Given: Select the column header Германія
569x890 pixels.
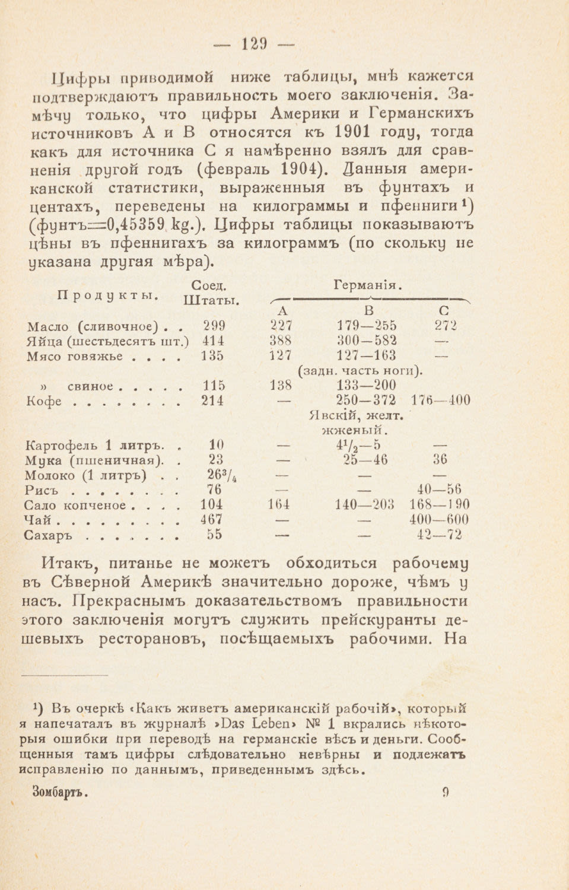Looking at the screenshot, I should pyautogui.click(x=368, y=284).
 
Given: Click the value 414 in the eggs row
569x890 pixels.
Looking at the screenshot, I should pyautogui.click(x=212, y=341).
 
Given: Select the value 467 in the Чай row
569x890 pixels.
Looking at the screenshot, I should pyautogui.click(x=211, y=520).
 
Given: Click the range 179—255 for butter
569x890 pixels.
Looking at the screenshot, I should pyautogui.click(x=367, y=325).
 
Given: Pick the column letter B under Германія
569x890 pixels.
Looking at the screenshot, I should pyautogui.click(x=368, y=310).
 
